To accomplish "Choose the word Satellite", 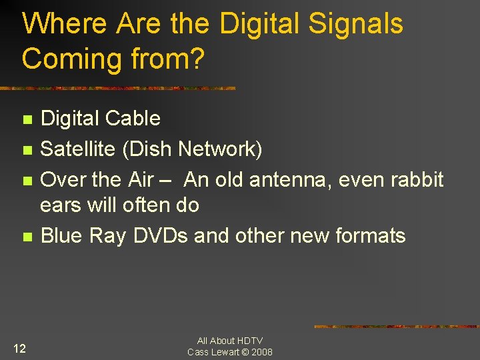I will pyautogui.click(x=78, y=149).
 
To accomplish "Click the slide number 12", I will pyautogui.click(x=20, y=348).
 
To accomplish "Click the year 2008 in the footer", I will pyautogui.click(x=261, y=352).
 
